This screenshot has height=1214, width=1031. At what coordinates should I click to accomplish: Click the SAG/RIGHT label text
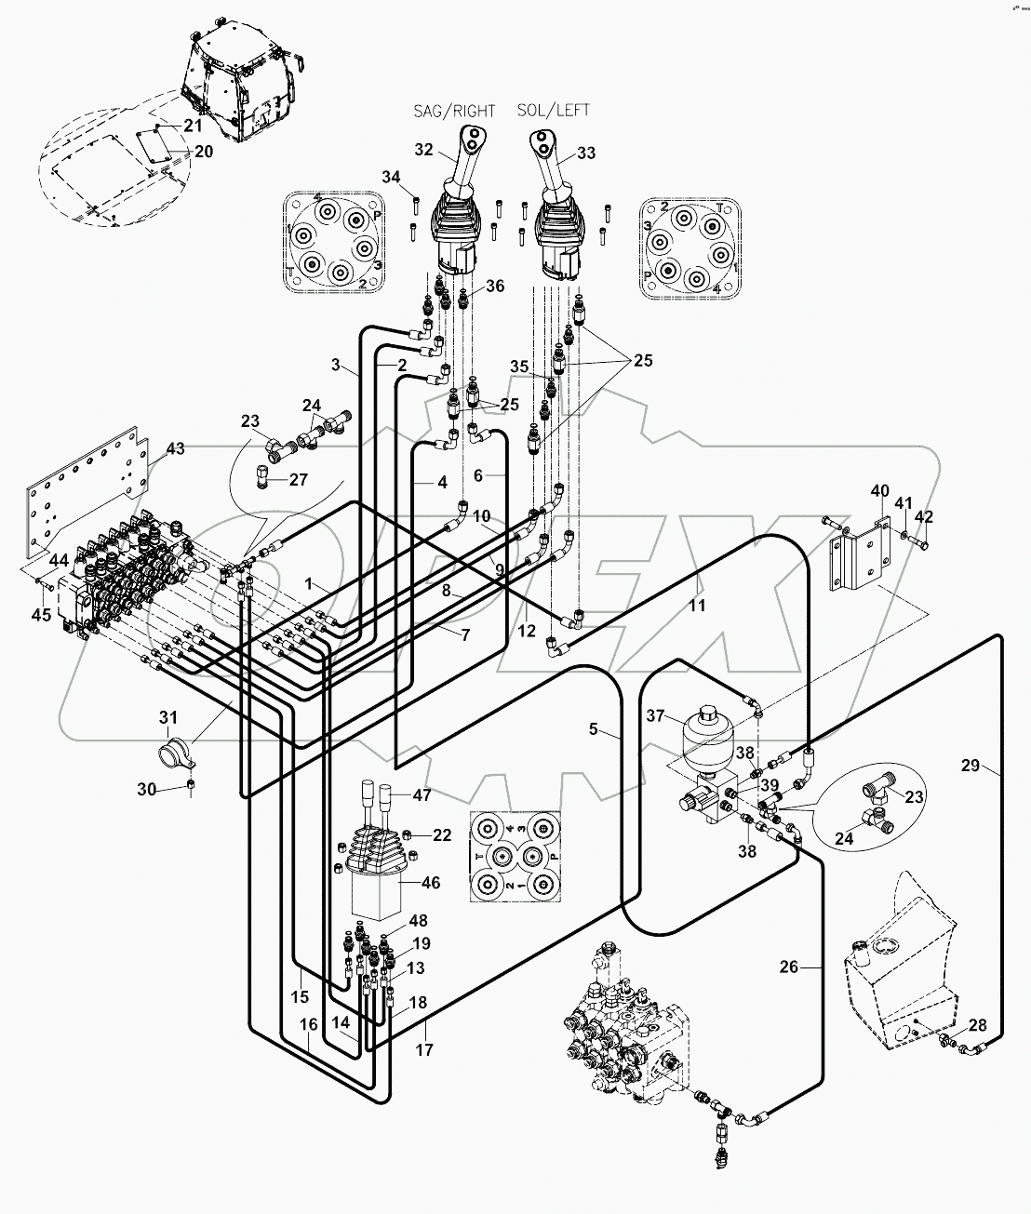(x=454, y=111)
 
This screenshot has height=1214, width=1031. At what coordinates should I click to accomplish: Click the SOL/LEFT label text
(x=554, y=111)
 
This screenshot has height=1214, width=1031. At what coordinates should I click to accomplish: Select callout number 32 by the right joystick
(x=423, y=149)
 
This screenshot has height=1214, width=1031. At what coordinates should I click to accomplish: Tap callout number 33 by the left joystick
(x=586, y=153)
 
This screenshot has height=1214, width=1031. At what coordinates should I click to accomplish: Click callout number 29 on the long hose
(x=971, y=766)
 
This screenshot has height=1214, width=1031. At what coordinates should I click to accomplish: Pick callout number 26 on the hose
(x=788, y=967)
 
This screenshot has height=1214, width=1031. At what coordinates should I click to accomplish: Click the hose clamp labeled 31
(x=177, y=750)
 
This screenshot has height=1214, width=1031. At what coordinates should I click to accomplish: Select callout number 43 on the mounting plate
(x=175, y=448)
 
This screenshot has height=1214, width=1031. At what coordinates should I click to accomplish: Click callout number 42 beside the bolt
(x=923, y=517)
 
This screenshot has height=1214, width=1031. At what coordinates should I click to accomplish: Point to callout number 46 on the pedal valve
(x=431, y=883)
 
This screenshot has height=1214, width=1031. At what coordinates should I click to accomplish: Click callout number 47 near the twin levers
(x=422, y=795)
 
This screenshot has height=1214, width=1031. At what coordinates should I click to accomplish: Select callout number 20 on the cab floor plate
(x=203, y=152)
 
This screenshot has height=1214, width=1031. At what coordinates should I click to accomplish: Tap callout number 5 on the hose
(x=593, y=729)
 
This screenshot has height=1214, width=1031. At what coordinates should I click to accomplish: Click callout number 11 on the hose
(x=697, y=606)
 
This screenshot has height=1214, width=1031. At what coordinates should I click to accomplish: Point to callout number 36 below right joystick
(x=494, y=286)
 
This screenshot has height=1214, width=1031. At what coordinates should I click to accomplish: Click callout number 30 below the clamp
(x=147, y=790)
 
